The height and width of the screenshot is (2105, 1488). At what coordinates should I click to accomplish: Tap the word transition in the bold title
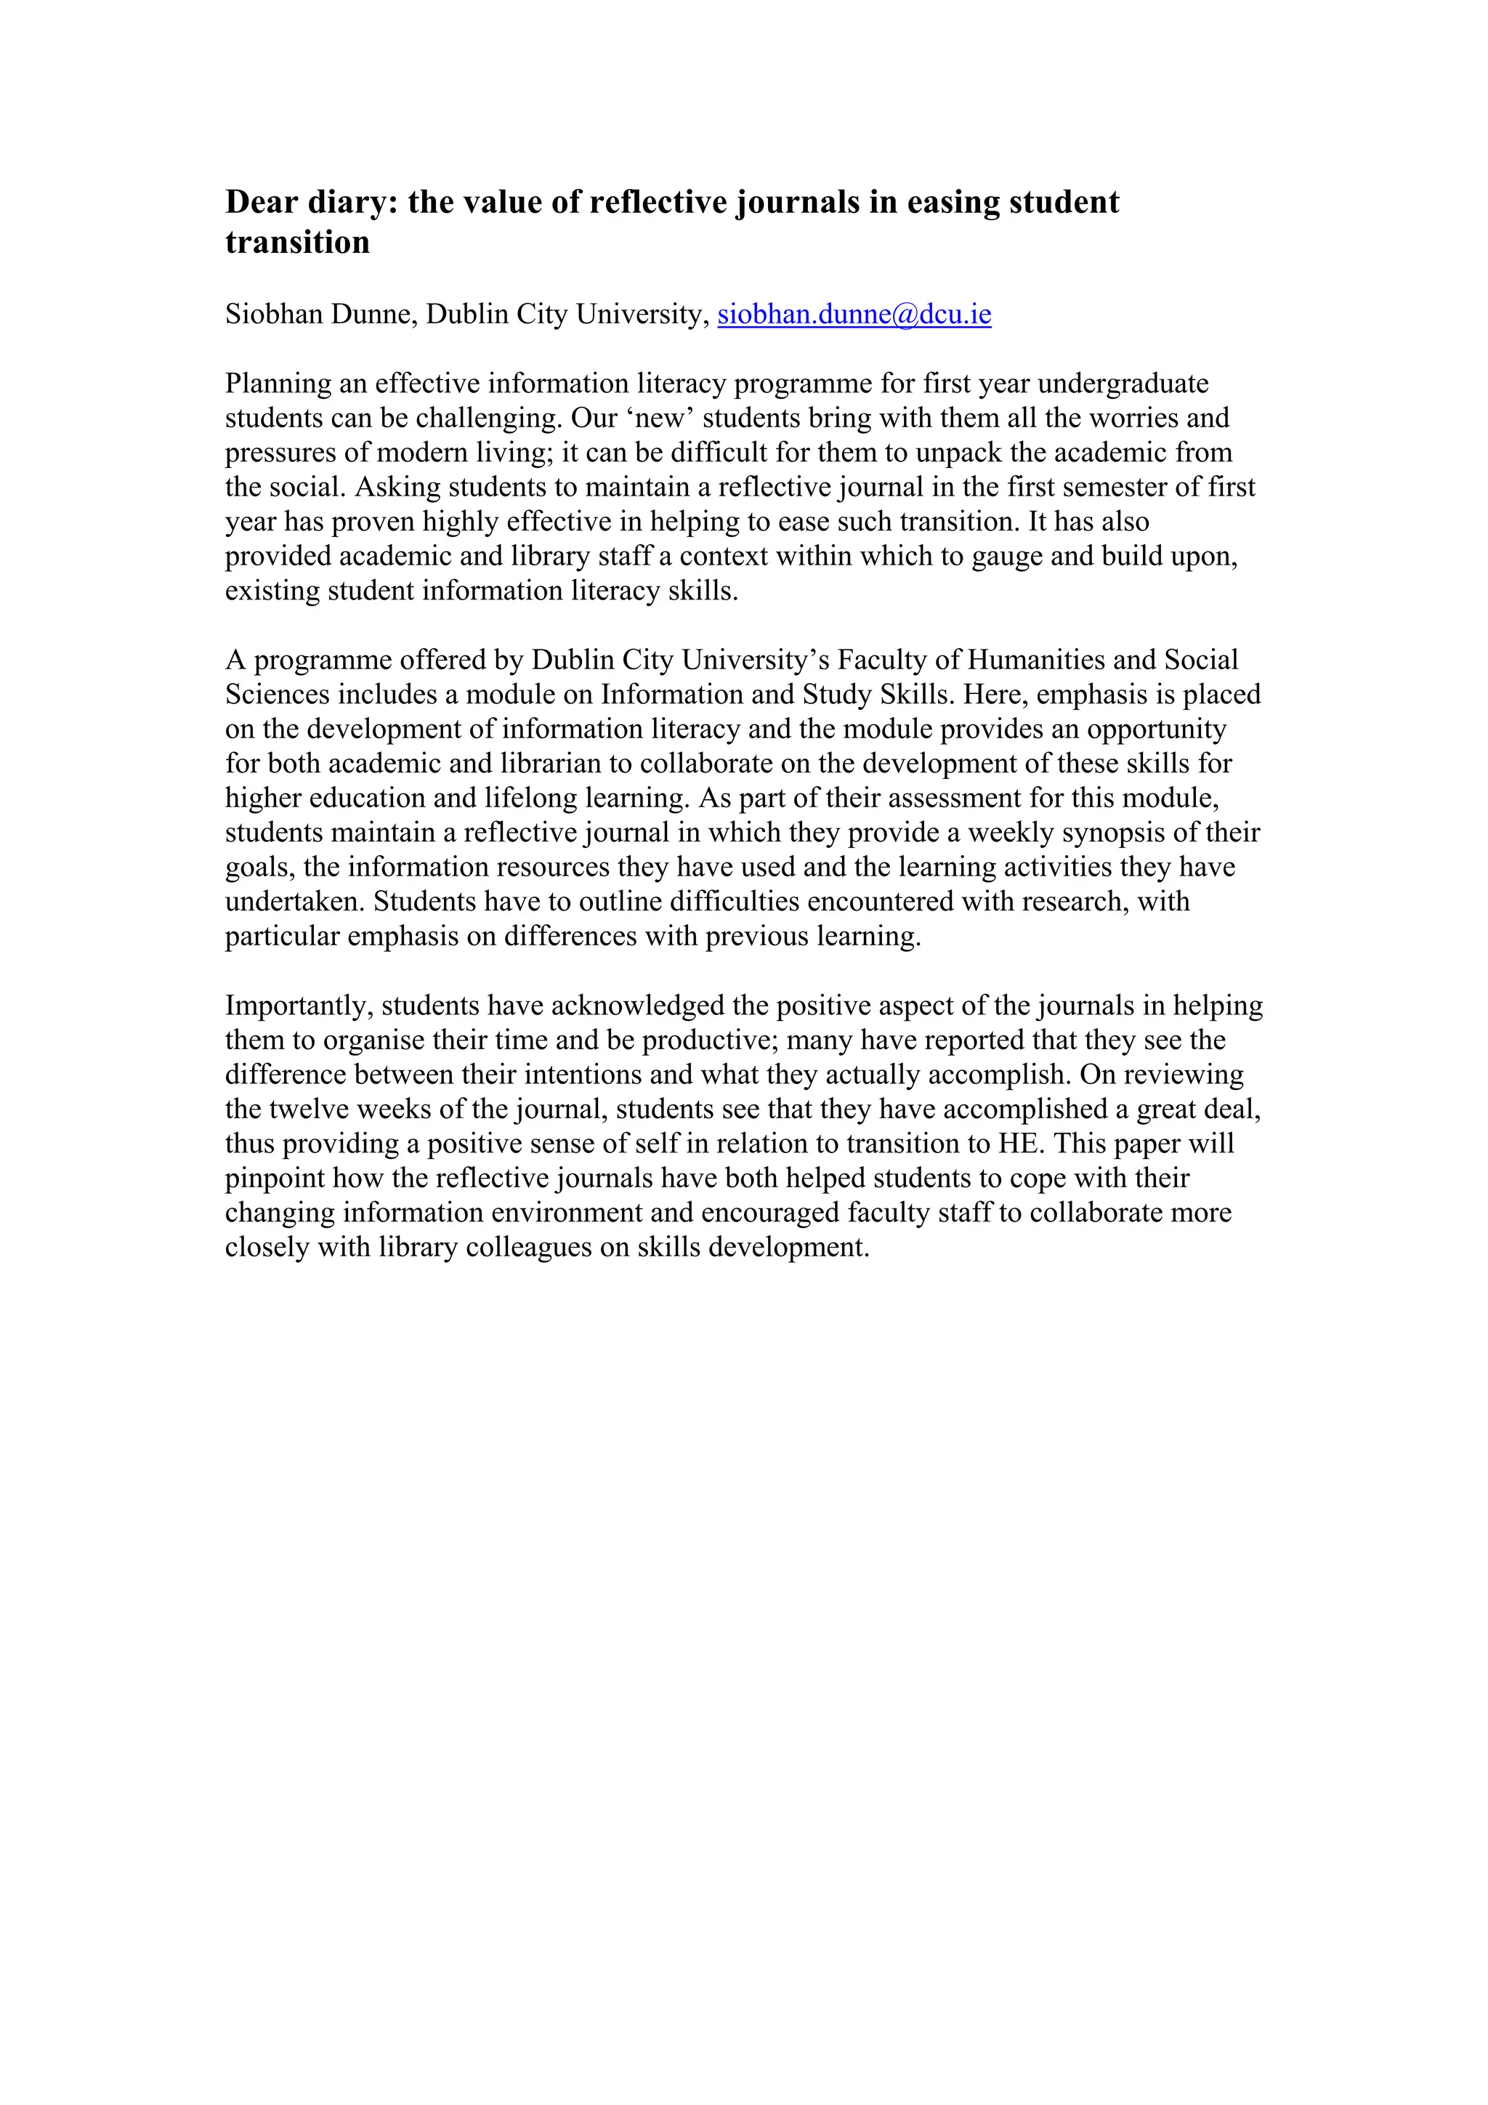(297, 242)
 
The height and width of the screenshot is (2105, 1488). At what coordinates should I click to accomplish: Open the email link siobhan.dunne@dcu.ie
(854, 315)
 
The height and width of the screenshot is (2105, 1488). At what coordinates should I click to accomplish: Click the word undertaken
(294, 902)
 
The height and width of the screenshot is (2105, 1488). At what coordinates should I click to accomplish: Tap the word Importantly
(299, 1006)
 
